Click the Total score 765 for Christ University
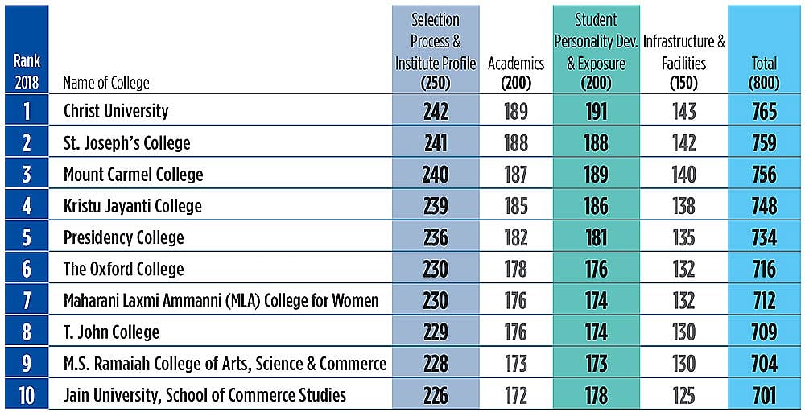pyautogui.click(x=764, y=111)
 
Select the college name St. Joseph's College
pyautogui.click(x=127, y=143)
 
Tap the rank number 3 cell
pyautogui.click(x=27, y=175)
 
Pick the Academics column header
pyautogui.click(x=516, y=72)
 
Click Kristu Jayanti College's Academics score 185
pyautogui.click(x=516, y=206)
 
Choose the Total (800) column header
pyautogui.click(x=764, y=73)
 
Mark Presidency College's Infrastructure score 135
pyautogui.click(x=683, y=238)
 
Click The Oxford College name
pyautogui.click(x=124, y=270)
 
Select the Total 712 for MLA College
pyautogui.click(x=764, y=301)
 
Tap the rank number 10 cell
pyautogui.click(x=27, y=396)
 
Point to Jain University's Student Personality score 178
pyautogui.click(x=596, y=396)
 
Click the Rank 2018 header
pyautogui.click(x=27, y=73)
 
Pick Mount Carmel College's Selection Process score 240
pyautogui.click(x=436, y=175)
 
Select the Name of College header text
pyautogui.click(x=106, y=83)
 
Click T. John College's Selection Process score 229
pyautogui.click(x=436, y=332)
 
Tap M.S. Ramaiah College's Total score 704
pyautogui.click(x=764, y=365)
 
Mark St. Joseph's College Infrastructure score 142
pyautogui.click(x=683, y=143)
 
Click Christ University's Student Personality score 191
pyautogui.click(x=596, y=111)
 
